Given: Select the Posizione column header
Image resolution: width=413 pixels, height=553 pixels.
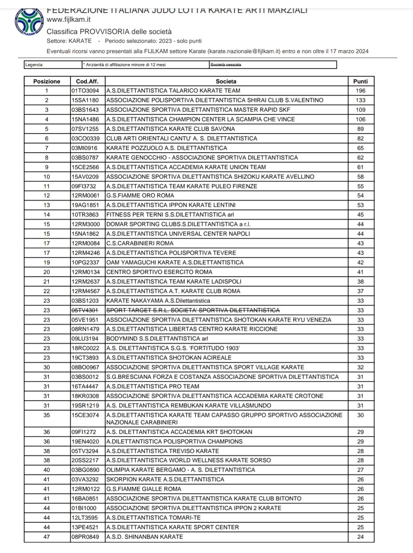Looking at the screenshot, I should (x=47, y=81).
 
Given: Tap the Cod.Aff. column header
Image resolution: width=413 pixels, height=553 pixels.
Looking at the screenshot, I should (x=87, y=81).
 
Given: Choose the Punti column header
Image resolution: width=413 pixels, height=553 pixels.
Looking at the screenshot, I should (x=360, y=81).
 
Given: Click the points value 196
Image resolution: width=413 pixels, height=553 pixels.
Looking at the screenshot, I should (x=360, y=91).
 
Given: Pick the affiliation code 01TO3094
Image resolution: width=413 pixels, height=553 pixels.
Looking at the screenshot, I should (x=85, y=91).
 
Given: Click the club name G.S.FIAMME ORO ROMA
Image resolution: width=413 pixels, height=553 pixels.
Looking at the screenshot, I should (x=140, y=195).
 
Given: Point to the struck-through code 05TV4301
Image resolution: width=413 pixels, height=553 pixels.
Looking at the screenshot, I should (x=85, y=310).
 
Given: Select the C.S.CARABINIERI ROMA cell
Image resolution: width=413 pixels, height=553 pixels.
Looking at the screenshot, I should (x=140, y=243).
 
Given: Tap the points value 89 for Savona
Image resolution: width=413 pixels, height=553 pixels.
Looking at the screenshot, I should (x=360, y=129).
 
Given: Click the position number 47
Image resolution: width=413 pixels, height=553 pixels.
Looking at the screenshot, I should (x=47, y=537).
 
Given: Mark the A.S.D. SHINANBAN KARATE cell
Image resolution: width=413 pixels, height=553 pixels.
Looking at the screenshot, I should (x=145, y=537).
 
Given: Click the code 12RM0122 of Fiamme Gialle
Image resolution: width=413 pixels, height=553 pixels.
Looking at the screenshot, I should (x=85, y=489).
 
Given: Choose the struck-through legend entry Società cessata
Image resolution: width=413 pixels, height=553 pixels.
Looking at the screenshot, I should (x=226, y=65).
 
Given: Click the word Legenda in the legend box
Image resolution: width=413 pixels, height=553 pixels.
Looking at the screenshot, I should (x=34, y=65).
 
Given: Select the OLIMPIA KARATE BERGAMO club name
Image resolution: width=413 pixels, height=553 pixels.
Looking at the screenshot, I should (x=180, y=470).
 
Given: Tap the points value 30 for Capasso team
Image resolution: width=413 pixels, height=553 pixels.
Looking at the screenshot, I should (x=360, y=415).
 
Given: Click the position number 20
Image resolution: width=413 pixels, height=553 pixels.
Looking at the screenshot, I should (x=47, y=272).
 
